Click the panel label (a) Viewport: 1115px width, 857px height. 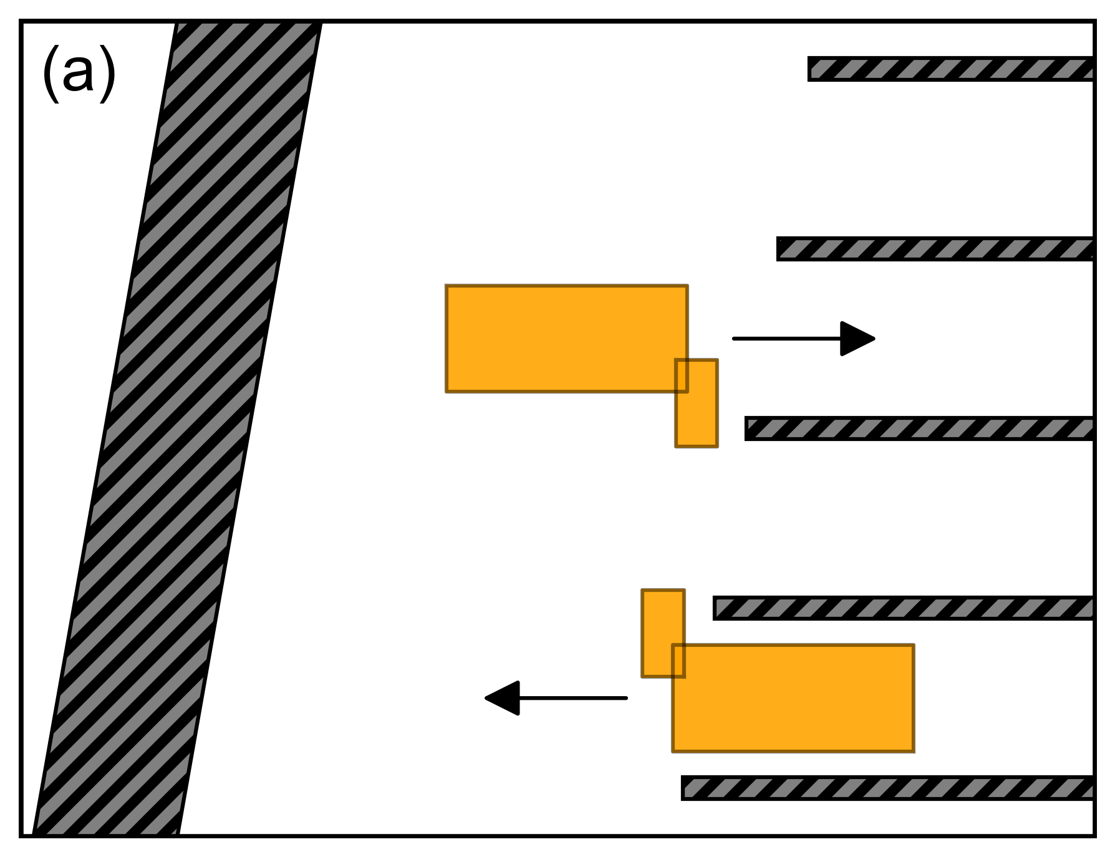[x=79, y=73]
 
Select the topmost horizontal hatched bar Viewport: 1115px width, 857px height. [x=950, y=69]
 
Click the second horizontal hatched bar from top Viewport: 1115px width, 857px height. [x=935, y=249]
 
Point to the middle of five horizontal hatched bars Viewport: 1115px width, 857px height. [x=919, y=428]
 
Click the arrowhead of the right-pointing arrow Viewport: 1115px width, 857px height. [x=858, y=339]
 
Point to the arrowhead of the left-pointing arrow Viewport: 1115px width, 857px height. [x=503, y=698]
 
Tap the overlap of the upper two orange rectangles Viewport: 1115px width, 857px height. [x=682, y=375]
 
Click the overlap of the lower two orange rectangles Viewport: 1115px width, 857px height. [x=678, y=661]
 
